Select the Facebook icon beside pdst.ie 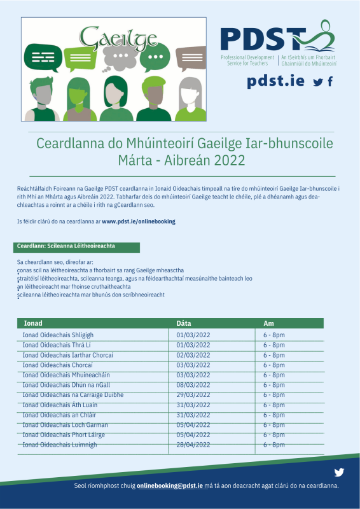[x=330, y=81]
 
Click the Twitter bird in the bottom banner [x=339, y=472]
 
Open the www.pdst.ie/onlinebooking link [x=138, y=221]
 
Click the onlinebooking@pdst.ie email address [x=170, y=485]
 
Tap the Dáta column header [x=184, y=323]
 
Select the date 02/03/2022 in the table [x=193, y=355]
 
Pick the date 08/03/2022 [x=193, y=385]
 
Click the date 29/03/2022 [x=193, y=395]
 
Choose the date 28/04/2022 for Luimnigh [x=193, y=445]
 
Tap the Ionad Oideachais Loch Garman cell [x=65, y=425]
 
